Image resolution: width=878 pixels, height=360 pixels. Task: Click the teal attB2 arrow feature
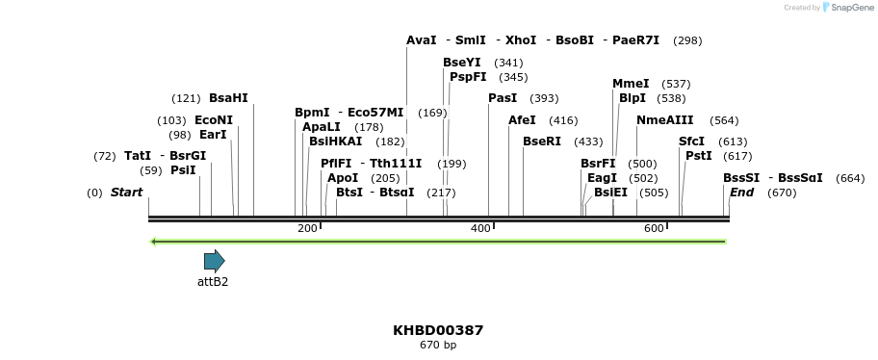[x=214, y=261]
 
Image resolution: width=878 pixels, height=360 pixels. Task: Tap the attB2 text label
[x=213, y=282]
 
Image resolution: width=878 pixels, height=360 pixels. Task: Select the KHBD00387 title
[x=438, y=330]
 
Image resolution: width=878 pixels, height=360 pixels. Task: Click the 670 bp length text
[x=438, y=345]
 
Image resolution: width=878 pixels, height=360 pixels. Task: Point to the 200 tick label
[x=307, y=228]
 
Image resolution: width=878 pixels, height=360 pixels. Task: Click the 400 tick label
[x=480, y=228]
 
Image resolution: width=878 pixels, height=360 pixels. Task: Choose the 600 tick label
[x=654, y=228]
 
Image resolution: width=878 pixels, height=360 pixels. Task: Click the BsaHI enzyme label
[x=228, y=98]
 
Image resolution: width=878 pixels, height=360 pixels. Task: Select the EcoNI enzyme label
[x=214, y=120]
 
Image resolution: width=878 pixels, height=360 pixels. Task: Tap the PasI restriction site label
[x=503, y=98]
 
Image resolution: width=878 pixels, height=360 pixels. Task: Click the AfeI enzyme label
[x=522, y=120]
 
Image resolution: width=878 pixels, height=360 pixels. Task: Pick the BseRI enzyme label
[x=541, y=141]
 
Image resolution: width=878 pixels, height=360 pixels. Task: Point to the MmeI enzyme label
[x=631, y=84]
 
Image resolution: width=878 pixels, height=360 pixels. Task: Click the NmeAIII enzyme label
[x=664, y=120]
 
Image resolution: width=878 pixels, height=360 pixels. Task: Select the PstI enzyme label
[x=698, y=156]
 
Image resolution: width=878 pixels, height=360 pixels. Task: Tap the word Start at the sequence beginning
[x=126, y=193]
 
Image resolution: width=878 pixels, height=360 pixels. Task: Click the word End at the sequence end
[x=741, y=193]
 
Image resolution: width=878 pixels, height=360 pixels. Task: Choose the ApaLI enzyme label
[x=321, y=127]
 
